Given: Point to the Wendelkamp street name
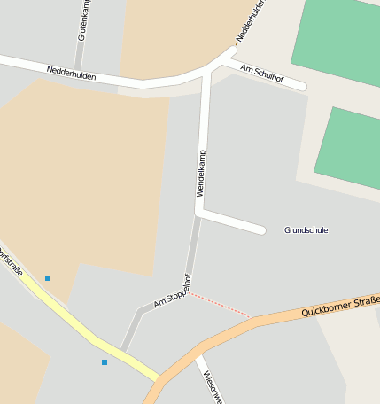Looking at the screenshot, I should (x=201, y=174).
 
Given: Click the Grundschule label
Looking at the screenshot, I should (x=306, y=230).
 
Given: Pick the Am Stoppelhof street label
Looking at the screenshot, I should (x=173, y=291).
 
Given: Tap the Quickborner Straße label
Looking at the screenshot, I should (x=340, y=307).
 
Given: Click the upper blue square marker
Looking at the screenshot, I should (x=48, y=278).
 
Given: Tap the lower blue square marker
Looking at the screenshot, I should (x=105, y=362).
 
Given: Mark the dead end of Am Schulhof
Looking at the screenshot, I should (x=303, y=87).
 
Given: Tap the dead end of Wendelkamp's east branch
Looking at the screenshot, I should (x=261, y=230).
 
